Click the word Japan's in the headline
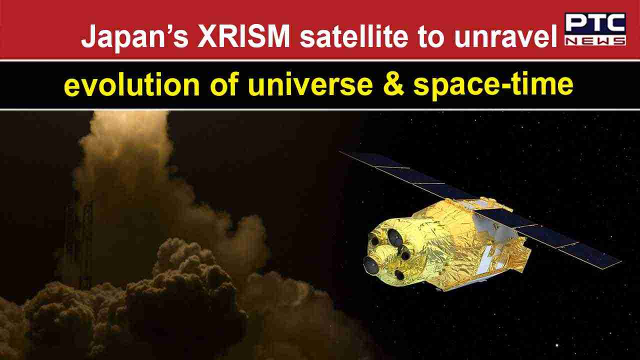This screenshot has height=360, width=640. [x=135, y=37]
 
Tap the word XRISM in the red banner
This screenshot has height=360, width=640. [x=243, y=36]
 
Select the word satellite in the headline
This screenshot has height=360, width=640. [x=354, y=36]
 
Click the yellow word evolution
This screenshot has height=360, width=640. [x=131, y=84]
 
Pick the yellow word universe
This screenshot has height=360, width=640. [x=310, y=85]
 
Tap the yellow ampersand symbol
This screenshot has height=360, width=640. [x=393, y=84]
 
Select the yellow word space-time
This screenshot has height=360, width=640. [x=493, y=85]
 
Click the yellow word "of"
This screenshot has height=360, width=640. [x=224, y=84]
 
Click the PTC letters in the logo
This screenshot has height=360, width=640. [x=595, y=23]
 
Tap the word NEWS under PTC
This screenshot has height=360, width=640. [x=595, y=40]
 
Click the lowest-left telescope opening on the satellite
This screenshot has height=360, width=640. [x=371, y=265]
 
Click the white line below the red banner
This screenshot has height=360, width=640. [x=320, y=60]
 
